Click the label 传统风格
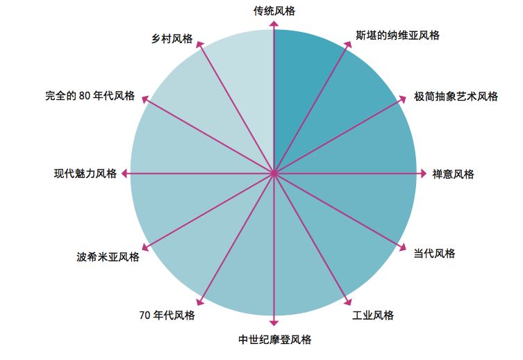pos(274,10)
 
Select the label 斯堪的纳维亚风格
pos(397,35)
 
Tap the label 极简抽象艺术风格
pos(456,97)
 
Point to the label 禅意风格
pos(453,174)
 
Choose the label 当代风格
pos(434,254)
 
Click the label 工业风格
pos(373,316)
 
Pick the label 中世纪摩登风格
pos(274,340)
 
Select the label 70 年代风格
pos(167,316)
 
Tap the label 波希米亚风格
pos(108,257)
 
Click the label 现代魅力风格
pos(85,174)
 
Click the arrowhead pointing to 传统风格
pos(274,25)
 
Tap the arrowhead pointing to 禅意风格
pos(422,174)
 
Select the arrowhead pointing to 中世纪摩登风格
pos(274,322)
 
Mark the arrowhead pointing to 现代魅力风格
pos(126,174)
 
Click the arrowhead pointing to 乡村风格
pos(201,44)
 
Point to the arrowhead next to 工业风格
pos(348,302)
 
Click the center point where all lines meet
pos(274,174)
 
